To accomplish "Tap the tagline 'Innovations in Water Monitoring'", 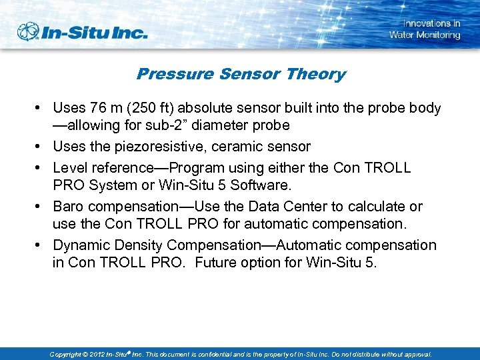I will (x=425, y=29).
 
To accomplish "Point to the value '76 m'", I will (x=108, y=108).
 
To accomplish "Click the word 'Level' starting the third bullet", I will (x=69, y=167).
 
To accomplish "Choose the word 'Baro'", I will (x=69, y=207).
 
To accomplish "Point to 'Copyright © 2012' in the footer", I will (x=79, y=355).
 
